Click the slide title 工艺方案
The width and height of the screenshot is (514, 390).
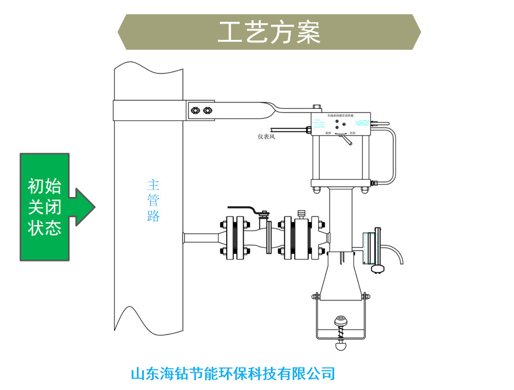pyautogui.click(x=269, y=32)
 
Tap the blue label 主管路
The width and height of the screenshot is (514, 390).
pyautogui.click(x=153, y=200)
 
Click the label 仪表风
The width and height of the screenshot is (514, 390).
pyautogui.click(x=266, y=137)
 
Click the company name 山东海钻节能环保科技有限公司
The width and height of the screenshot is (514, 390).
pyautogui.click(x=233, y=373)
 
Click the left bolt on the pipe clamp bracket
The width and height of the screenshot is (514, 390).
pyautogui.click(x=195, y=109)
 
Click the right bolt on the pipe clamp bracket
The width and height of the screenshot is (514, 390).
pyautogui.click(x=207, y=109)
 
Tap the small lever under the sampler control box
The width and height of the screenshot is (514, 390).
pyautogui.click(x=347, y=141)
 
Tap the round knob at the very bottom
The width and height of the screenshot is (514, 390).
pyautogui.click(x=340, y=346)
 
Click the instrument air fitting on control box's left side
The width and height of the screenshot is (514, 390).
pyautogui.click(x=308, y=130)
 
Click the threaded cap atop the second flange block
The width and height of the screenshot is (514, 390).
pyautogui.click(x=301, y=215)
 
